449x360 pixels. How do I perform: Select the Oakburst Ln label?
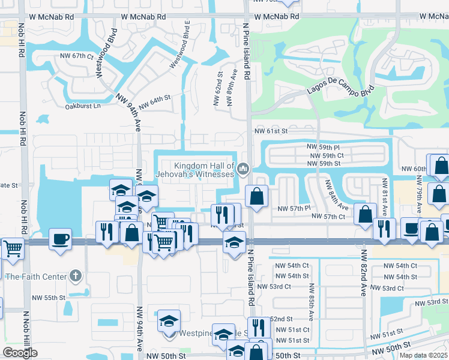(83, 106)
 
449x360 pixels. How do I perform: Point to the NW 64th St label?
(155, 102)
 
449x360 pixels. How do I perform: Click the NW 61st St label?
(271, 131)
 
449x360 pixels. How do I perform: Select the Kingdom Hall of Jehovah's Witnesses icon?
(243, 169)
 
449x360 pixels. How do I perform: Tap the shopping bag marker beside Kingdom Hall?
(256, 196)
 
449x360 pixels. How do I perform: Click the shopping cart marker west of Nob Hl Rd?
(13, 246)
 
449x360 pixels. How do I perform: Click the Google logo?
(20, 353)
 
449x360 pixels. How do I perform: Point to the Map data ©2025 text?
(423, 355)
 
